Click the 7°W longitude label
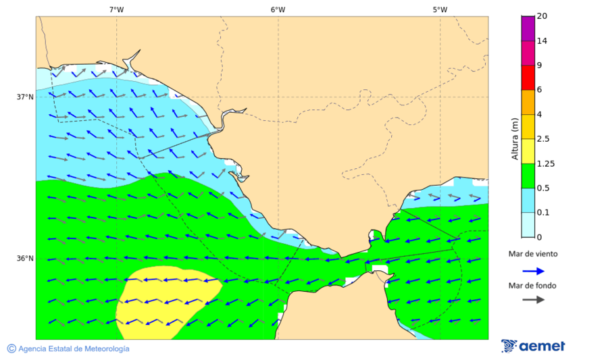(116, 9)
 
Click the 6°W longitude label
(278, 9)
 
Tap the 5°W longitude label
(440, 9)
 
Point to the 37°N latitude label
(25, 97)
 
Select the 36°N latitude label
(25, 259)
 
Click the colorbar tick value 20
(542, 16)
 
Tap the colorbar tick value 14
(542, 41)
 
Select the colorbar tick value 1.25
(545, 163)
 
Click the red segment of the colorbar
(528, 78)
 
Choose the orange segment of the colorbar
(528, 102)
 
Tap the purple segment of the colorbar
(528, 28)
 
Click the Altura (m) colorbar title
(515, 139)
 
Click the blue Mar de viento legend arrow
(533, 271)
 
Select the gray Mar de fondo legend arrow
(533, 299)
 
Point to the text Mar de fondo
(533, 286)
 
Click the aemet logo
(533, 346)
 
